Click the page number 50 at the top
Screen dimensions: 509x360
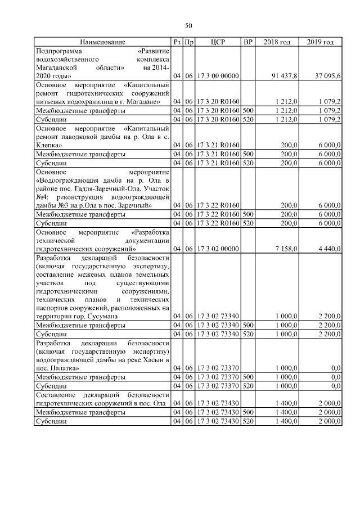click(x=188, y=25)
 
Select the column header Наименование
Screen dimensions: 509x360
click(x=102, y=42)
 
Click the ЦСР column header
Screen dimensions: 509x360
click(x=218, y=42)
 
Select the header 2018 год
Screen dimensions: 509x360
click(x=277, y=42)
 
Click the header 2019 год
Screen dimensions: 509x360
click(x=321, y=42)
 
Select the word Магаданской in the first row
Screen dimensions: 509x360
click(x=55, y=66)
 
